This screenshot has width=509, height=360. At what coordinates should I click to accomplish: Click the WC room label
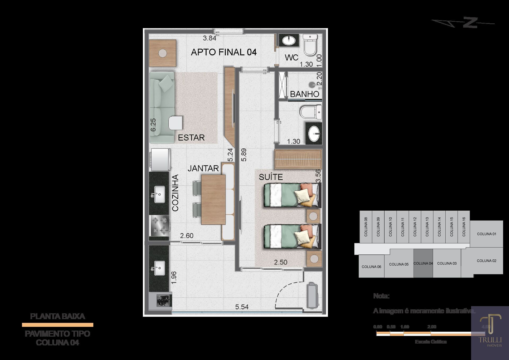tap(291, 57)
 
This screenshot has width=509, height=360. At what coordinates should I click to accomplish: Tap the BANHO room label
tap(304, 94)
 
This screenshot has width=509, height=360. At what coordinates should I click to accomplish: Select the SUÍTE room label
tap(271, 177)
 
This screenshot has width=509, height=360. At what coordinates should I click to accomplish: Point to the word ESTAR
tap(191, 137)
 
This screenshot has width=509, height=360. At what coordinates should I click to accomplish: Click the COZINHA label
tap(175, 193)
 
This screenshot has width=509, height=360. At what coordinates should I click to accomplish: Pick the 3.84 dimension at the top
tap(209, 38)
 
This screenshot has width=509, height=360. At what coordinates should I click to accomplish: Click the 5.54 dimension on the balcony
tap(242, 307)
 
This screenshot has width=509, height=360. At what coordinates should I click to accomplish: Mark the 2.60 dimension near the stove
tap(187, 236)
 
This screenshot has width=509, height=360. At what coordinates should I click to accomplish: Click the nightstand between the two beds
tap(313, 216)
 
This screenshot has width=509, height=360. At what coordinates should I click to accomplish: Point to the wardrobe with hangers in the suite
tap(298, 159)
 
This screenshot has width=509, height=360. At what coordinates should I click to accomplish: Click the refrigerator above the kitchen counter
tap(160, 159)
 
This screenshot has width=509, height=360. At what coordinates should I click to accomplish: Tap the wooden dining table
tap(213, 199)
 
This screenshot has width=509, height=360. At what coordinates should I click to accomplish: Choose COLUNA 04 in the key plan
tap(423, 263)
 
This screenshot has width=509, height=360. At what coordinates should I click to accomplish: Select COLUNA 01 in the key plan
tap(486, 234)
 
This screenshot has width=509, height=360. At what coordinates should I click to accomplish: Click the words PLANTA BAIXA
tap(58, 316)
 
